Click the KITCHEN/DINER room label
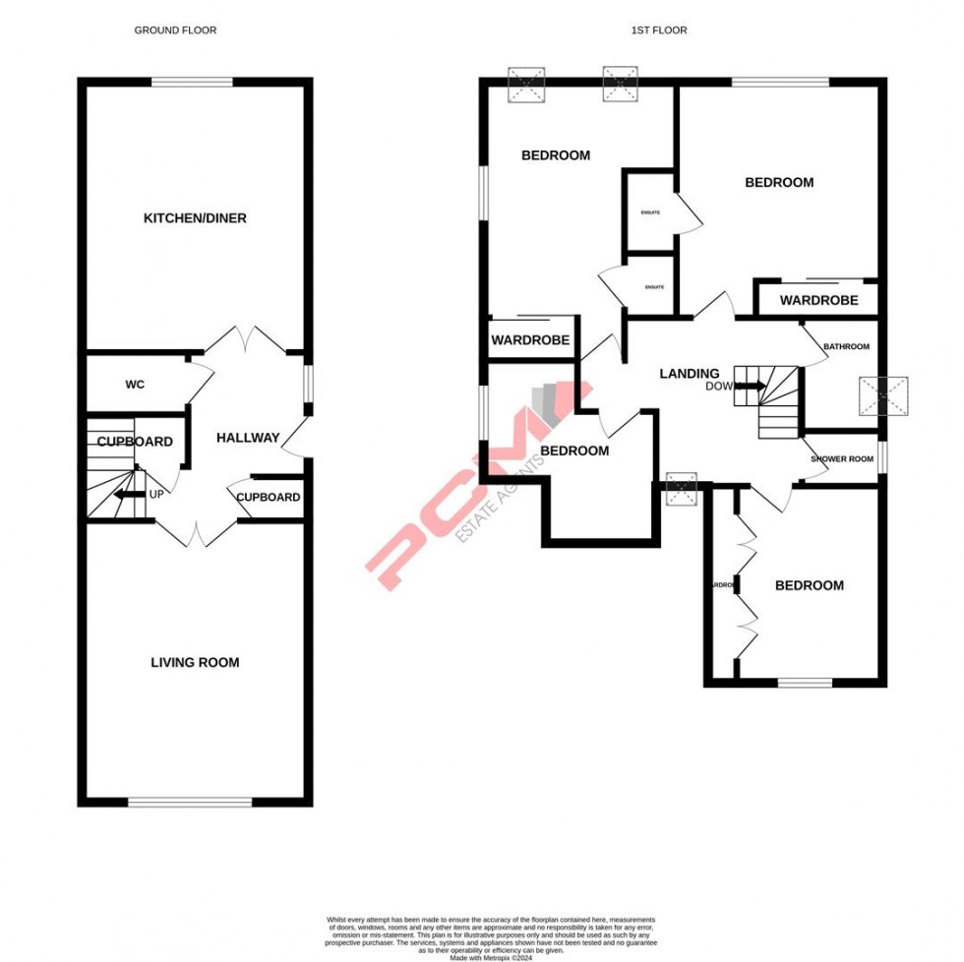coord(195,218)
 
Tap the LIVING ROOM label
coord(195,663)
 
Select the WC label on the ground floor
coord(135,385)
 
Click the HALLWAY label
coord(248,439)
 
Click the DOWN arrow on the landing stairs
coord(752,386)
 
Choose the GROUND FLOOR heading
coord(175,30)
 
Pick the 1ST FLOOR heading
coord(659,30)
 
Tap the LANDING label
coord(689,374)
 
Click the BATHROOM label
coord(846,347)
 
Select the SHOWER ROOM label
coord(842,459)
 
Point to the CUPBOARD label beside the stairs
coord(135,443)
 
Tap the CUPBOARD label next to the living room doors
coord(269,498)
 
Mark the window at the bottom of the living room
coord(190,803)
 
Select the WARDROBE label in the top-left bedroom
coord(531,340)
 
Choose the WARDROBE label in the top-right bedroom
coord(818,301)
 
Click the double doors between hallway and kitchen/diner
coord(245,340)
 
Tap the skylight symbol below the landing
coord(681,489)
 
